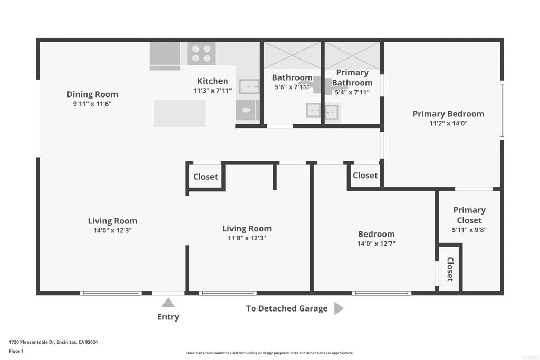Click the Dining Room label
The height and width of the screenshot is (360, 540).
point(92,94)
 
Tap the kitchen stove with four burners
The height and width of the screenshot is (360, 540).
point(201,53)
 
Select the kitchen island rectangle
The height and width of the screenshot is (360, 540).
point(179,113)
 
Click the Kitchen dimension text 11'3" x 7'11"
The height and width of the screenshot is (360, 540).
point(213,91)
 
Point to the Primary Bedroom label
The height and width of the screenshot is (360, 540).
point(448,114)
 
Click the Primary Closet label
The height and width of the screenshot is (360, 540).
point(469,215)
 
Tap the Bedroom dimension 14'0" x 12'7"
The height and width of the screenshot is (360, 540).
point(376,244)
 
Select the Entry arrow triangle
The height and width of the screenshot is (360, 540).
point(168,303)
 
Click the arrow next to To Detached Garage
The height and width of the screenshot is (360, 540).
point(339,308)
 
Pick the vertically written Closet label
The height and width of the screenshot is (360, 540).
point(450,269)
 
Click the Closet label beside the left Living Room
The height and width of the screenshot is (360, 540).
point(206,177)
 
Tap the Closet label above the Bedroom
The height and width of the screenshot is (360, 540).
point(365,175)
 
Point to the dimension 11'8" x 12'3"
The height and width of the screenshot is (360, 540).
point(247,238)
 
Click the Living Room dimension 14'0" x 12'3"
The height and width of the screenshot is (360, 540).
point(112,230)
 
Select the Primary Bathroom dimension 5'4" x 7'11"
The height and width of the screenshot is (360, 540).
point(352,92)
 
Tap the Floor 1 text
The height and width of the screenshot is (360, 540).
point(16,351)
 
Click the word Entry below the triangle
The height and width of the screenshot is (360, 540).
point(168,317)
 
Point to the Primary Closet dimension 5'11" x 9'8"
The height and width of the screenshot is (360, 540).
point(469,230)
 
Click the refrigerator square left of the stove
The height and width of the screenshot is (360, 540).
point(165,55)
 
